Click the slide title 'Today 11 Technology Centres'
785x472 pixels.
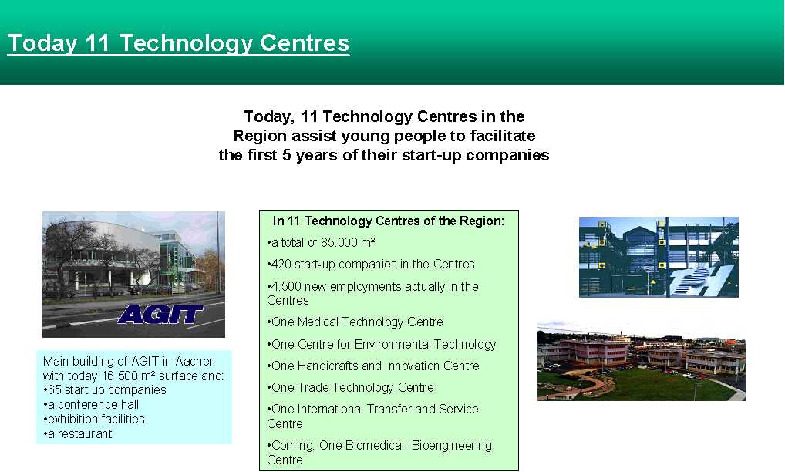178,43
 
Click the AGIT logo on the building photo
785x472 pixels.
160,315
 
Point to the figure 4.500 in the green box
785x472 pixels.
285,287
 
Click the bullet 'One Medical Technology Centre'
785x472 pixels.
355,322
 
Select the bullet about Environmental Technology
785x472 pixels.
382,345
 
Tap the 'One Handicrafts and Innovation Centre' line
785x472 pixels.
373,366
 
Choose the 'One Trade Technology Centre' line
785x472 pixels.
350,387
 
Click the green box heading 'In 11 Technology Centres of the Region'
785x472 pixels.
389,221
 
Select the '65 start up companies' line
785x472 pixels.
105,390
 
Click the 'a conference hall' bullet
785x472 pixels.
91,404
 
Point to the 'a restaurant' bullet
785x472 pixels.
78,434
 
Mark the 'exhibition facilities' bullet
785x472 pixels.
94,419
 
